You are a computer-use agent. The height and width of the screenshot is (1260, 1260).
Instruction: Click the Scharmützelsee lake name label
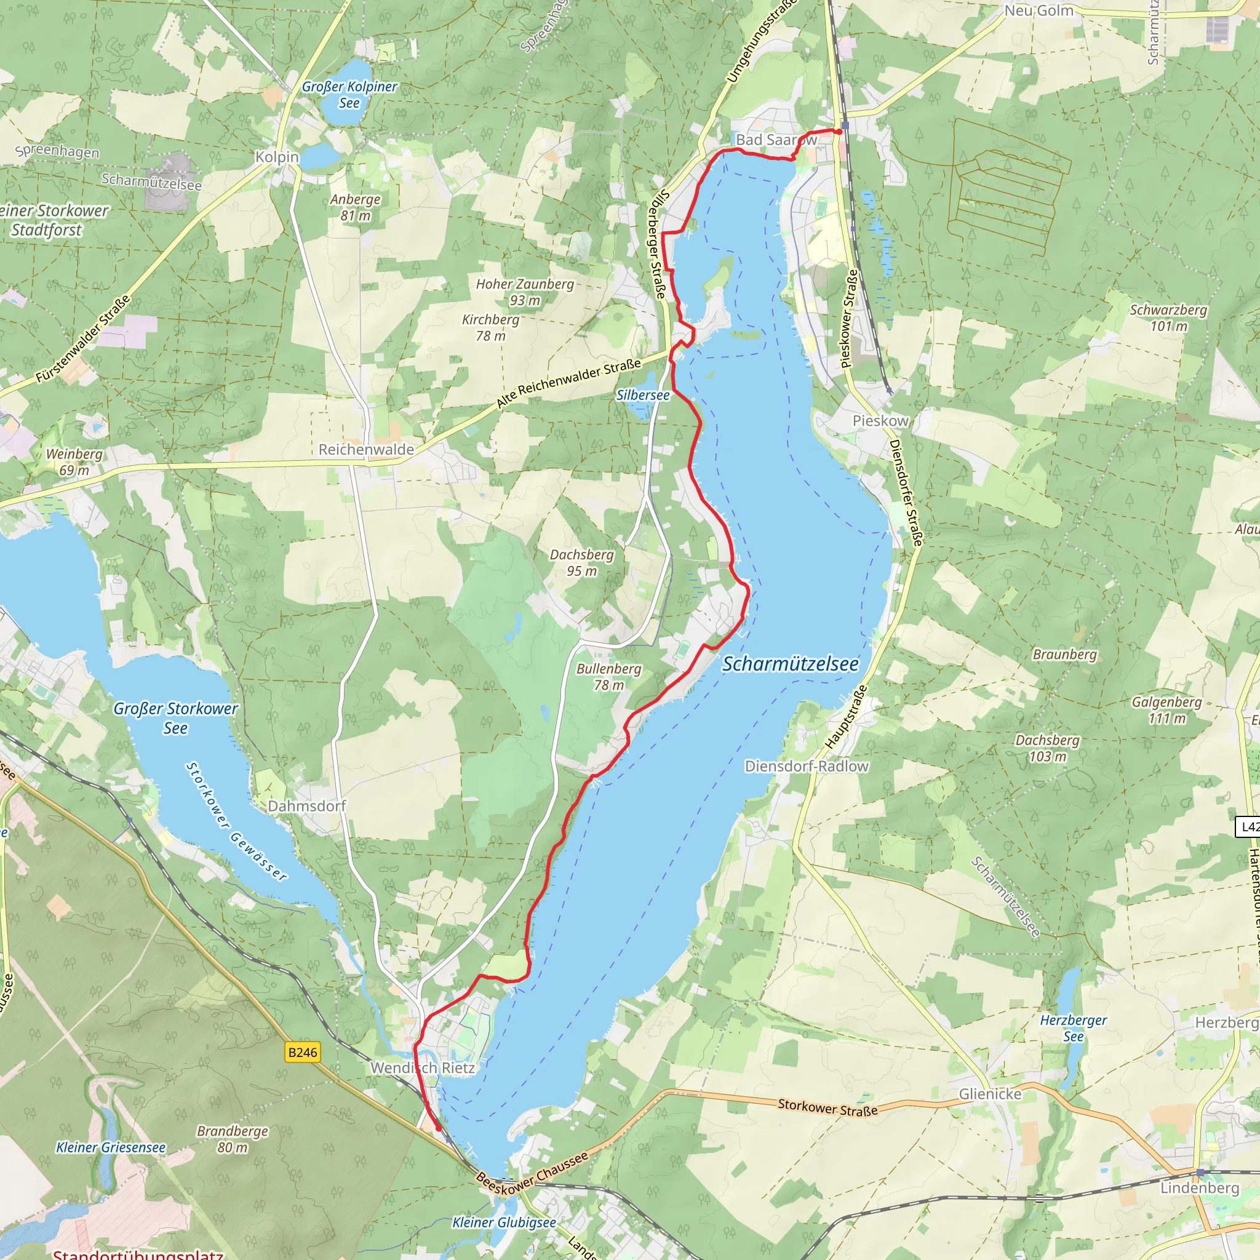tap(791, 664)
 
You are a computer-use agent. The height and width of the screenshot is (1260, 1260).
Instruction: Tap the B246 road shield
tap(303, 1052)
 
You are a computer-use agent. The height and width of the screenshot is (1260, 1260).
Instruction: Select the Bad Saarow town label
tap(775, 140)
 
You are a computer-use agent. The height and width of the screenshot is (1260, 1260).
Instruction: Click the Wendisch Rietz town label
tap(423, 1067)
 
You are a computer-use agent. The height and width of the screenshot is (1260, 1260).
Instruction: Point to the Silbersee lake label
tap(642, 395)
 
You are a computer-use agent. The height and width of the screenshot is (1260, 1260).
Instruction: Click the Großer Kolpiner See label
tap(349, 95)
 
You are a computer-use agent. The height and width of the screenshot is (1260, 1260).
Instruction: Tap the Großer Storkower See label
tap(175, 717)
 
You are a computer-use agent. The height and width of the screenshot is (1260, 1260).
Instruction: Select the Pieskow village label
tap(880, 421)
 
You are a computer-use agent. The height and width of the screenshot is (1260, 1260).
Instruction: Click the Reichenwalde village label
tap(366, 449)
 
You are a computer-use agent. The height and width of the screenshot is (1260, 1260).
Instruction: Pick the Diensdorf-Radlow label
tap(806, 767)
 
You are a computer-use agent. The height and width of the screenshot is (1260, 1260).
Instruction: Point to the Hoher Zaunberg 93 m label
tap(524, 292)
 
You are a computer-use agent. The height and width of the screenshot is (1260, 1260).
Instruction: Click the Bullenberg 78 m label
tap(608, 676)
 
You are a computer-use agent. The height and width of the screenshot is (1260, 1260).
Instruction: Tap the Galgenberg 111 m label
tap(1166, 709)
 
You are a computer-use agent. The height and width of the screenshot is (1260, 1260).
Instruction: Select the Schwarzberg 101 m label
tap(1168, 317)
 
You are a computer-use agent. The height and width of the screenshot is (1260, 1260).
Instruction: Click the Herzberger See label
tap(1073, 1028)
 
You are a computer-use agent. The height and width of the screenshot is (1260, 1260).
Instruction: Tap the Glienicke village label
tap(989, 1095)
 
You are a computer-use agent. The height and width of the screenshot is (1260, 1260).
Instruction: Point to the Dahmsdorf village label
tap(306, 806)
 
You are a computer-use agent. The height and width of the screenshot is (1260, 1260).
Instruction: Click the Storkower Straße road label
tap(827, 1107)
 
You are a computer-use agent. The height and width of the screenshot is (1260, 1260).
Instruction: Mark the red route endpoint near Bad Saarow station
tap(838, 131)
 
